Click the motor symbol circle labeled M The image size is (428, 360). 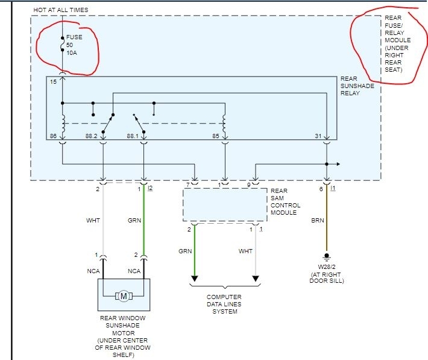click(x=124, y=295)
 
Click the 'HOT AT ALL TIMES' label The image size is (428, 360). click(x=61, y=10)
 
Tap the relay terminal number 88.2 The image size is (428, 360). click(x=91, y=136)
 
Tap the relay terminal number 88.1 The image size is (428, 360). click(x=133, y=136)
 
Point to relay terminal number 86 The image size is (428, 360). click(x=54, y=136)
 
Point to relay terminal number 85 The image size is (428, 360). click(x=216, y=136)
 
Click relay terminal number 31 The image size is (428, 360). click(x=318, y=136)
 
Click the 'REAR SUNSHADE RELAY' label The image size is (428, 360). click(x=357, y=86)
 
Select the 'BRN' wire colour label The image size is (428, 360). click(x=317, y=220)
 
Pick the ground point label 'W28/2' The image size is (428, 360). click(x=327, y=267)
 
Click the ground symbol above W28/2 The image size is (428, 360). click(x=327, y=256)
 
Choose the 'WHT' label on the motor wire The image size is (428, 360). click(x=93, y=220)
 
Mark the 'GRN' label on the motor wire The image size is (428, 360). click(x=134, y=220)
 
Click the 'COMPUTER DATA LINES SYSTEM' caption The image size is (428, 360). click(x=224, y=304)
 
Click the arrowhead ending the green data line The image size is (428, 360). click(x=194, y=279)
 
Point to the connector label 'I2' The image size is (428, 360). click(x=150, y=188)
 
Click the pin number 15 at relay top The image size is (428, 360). click(x=54, y=81)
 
